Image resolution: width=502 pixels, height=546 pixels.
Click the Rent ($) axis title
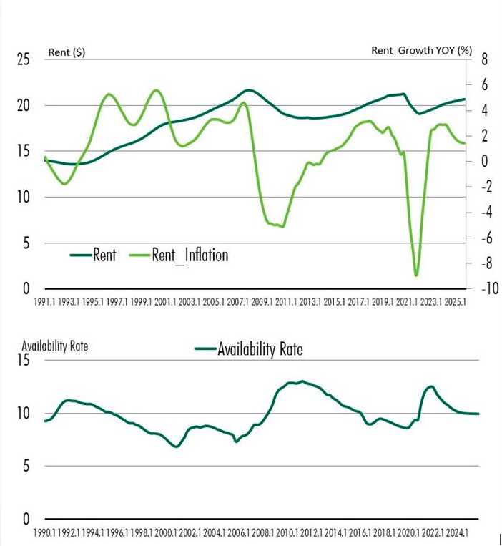point(67,52)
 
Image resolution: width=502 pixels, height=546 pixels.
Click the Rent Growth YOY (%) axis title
point(422,50)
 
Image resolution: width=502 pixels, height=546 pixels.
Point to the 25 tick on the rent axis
point(23,59)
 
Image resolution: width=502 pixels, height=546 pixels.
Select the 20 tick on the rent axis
point(23,105)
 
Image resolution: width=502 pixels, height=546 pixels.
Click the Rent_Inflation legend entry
point(190,255)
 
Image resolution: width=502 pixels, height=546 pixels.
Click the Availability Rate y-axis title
point(55,346)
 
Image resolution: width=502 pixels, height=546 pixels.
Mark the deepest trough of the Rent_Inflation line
point(416,275)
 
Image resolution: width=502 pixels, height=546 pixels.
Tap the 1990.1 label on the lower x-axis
point(45,533)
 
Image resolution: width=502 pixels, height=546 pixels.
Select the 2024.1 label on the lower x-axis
point(457,533)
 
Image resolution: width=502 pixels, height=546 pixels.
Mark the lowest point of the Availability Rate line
point(177,447)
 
